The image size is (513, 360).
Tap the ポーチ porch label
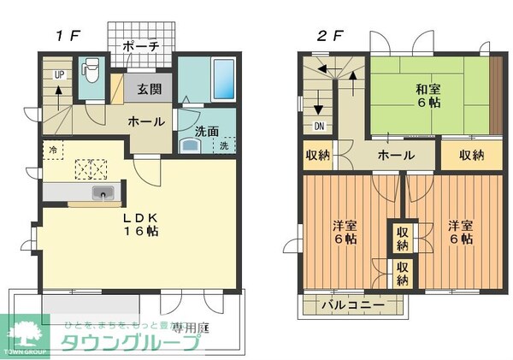pyautogui.click(x=140, y=46)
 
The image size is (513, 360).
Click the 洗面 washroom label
pyautogui.click(x=205, y=132)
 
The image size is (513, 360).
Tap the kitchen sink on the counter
pyautogui.click(x=103, y=193)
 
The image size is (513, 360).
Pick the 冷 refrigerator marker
pyautogui.click(x=53, y=150)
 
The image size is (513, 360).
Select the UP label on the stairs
pyautogui.click(x=59, y=75)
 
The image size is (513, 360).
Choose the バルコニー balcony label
pyautogui.click(x=352, y=304)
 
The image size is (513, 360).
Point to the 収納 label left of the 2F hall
pyautogui.click(x=319, y=156)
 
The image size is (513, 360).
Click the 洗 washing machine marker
pyautogui.click(x=224, y=145)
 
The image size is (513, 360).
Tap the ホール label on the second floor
pyautogui.click(x=396, y=156)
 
